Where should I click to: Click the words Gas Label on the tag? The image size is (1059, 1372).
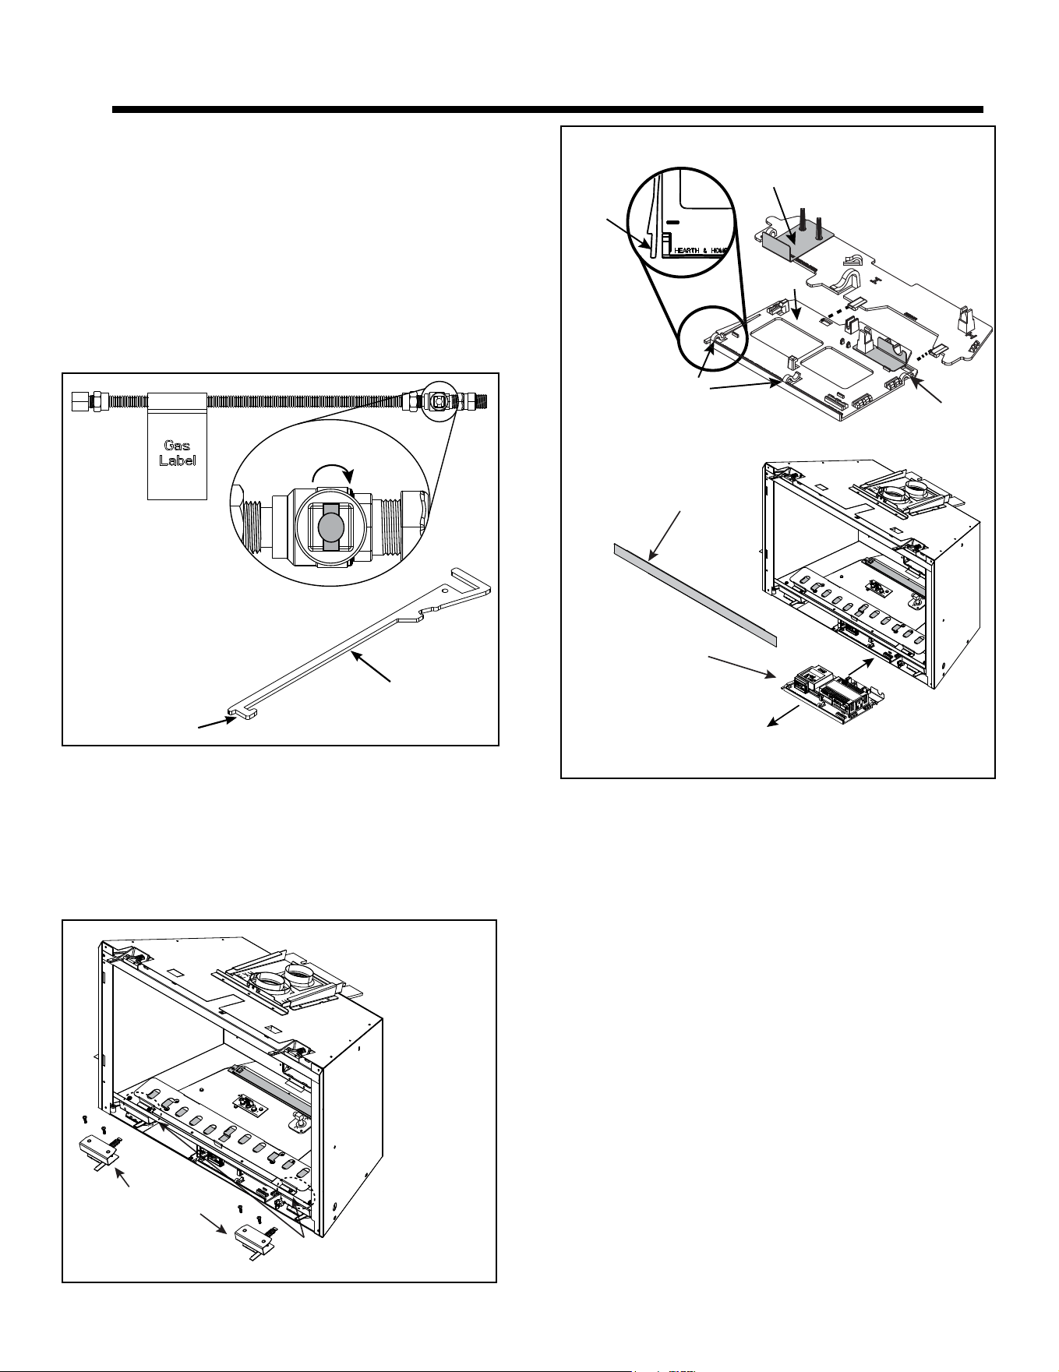pos(178,453)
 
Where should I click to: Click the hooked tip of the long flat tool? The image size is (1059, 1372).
pos(242,713)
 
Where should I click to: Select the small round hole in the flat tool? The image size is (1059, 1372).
pos(445,591)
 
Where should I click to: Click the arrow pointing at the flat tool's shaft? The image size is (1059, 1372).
pos(370,668)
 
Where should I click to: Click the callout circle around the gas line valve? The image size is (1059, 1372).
pos(437,400)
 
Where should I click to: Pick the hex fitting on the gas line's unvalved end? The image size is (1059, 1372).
pos(80,401)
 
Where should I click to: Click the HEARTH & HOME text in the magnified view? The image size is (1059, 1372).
pos(700,251)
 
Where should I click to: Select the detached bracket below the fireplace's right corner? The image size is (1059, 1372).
pos(256,1236)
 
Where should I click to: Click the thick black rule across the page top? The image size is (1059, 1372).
pos(548,110)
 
